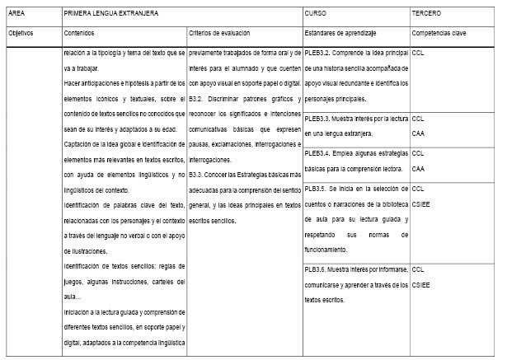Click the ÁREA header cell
pyautogui.click(x=17, y=15)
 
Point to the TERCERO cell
pyautogui.click(x=427, y=15)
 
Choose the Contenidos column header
pyautogui.click(x=79, y=34)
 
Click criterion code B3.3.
pyautogui.click(x=197, y=175)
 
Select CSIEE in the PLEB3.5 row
pyautogui.click(x=420, y=202)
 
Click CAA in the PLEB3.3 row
pyautogui.click(x=418, y=133)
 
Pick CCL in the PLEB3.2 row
pyautogui.click(x=418, y=52)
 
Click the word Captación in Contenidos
pyautogui.click(x=80, y=147)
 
